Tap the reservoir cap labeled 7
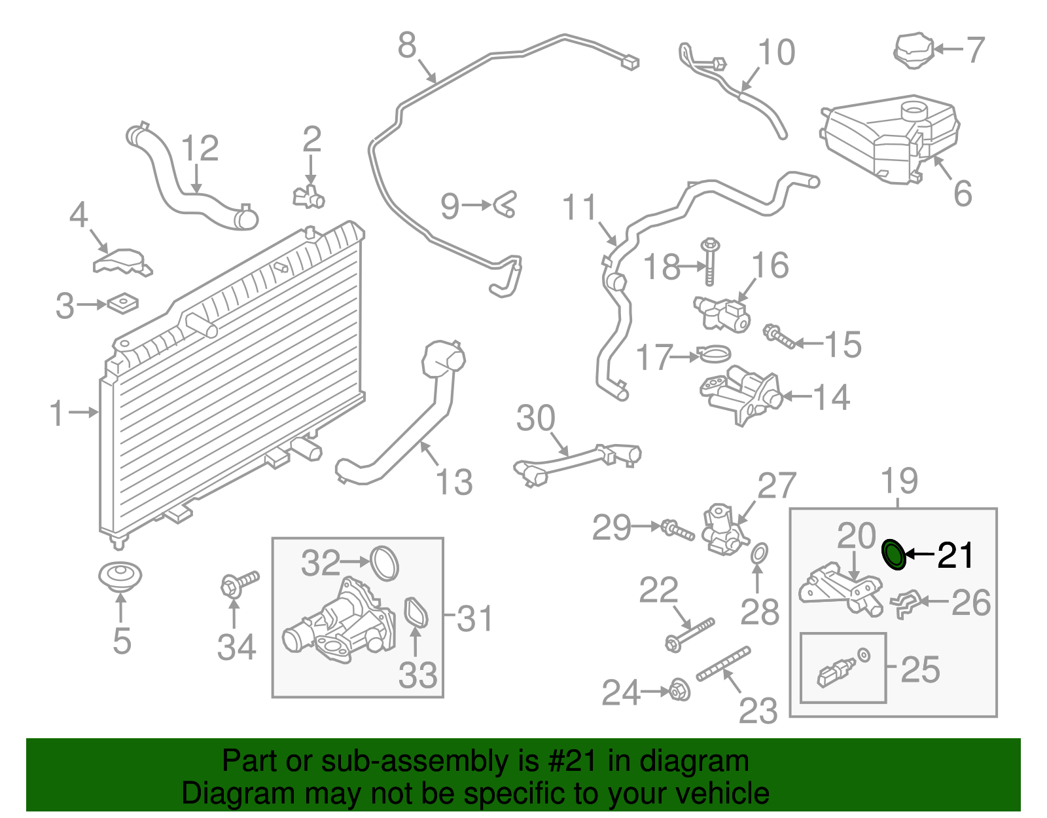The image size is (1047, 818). click(x=914, y=50)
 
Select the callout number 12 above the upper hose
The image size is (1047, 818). click(x=200, y=149)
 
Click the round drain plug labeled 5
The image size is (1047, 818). click(x=120, y=577)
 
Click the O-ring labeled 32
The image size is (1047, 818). click(x=384, y=563)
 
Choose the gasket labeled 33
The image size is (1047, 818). click(x=416, y=613)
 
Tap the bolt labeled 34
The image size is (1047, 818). click(x=239, y=582)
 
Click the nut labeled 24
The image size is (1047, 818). click(x=679, y=690)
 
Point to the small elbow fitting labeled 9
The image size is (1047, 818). click(x=505, y=204)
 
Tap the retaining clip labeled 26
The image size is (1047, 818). click(x=906, y=603)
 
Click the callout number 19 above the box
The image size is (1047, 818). click(x=900, y=481)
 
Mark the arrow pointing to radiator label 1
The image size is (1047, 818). click(x=84, y=413)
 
